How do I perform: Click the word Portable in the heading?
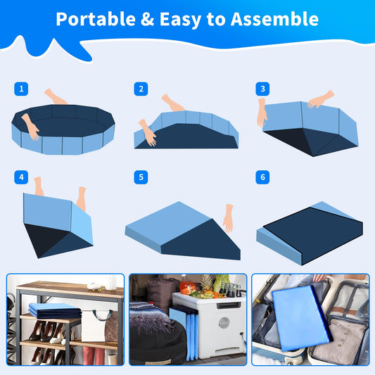[x=96, y=19]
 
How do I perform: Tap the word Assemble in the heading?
[x=274, y=19]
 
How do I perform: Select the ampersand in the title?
[x=147, y=19]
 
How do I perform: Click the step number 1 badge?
[x=21, y=89]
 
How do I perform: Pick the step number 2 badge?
[x=141, y=89]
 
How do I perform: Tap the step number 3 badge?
[x=262, y=89]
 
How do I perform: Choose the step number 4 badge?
[x=21, y=177]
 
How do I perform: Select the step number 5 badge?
[x=141, y=177]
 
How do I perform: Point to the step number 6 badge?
[x=262, y=177]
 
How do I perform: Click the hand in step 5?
[x=229, y=218]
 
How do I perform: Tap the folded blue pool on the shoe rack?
[x=55, y=311]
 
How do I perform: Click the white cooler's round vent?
[x=224, y=324]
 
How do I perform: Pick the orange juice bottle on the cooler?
[x=187, y=286]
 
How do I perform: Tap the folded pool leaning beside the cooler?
[x=184, y=332]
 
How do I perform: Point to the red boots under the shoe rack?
[x=94, y=355]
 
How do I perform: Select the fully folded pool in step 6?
[x=310, y=233]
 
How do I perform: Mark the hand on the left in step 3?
[x=262, y=113]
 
